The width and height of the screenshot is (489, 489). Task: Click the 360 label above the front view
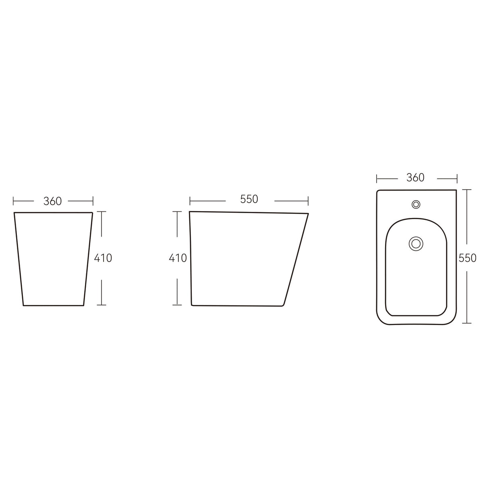53,201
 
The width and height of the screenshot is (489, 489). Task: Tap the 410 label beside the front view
103,258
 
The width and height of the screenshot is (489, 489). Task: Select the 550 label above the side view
249,199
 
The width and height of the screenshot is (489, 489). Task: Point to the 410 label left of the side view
178,258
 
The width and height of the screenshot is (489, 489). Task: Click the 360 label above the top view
415,177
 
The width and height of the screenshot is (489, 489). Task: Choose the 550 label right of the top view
467,258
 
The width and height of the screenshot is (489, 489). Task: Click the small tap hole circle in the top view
416,204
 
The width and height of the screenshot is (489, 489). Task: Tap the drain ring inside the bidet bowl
416,244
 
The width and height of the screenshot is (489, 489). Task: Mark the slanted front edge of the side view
296,258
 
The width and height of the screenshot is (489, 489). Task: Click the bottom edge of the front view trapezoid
53,305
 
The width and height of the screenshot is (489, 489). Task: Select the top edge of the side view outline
249,212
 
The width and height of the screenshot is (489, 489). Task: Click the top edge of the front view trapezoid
53,212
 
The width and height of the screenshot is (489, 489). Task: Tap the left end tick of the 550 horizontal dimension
190,200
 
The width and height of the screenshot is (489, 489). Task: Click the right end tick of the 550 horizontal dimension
308,200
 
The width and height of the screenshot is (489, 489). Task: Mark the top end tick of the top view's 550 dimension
466,190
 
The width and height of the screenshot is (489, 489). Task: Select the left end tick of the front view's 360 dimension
14,201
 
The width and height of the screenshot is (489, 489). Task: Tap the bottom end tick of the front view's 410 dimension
102,305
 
